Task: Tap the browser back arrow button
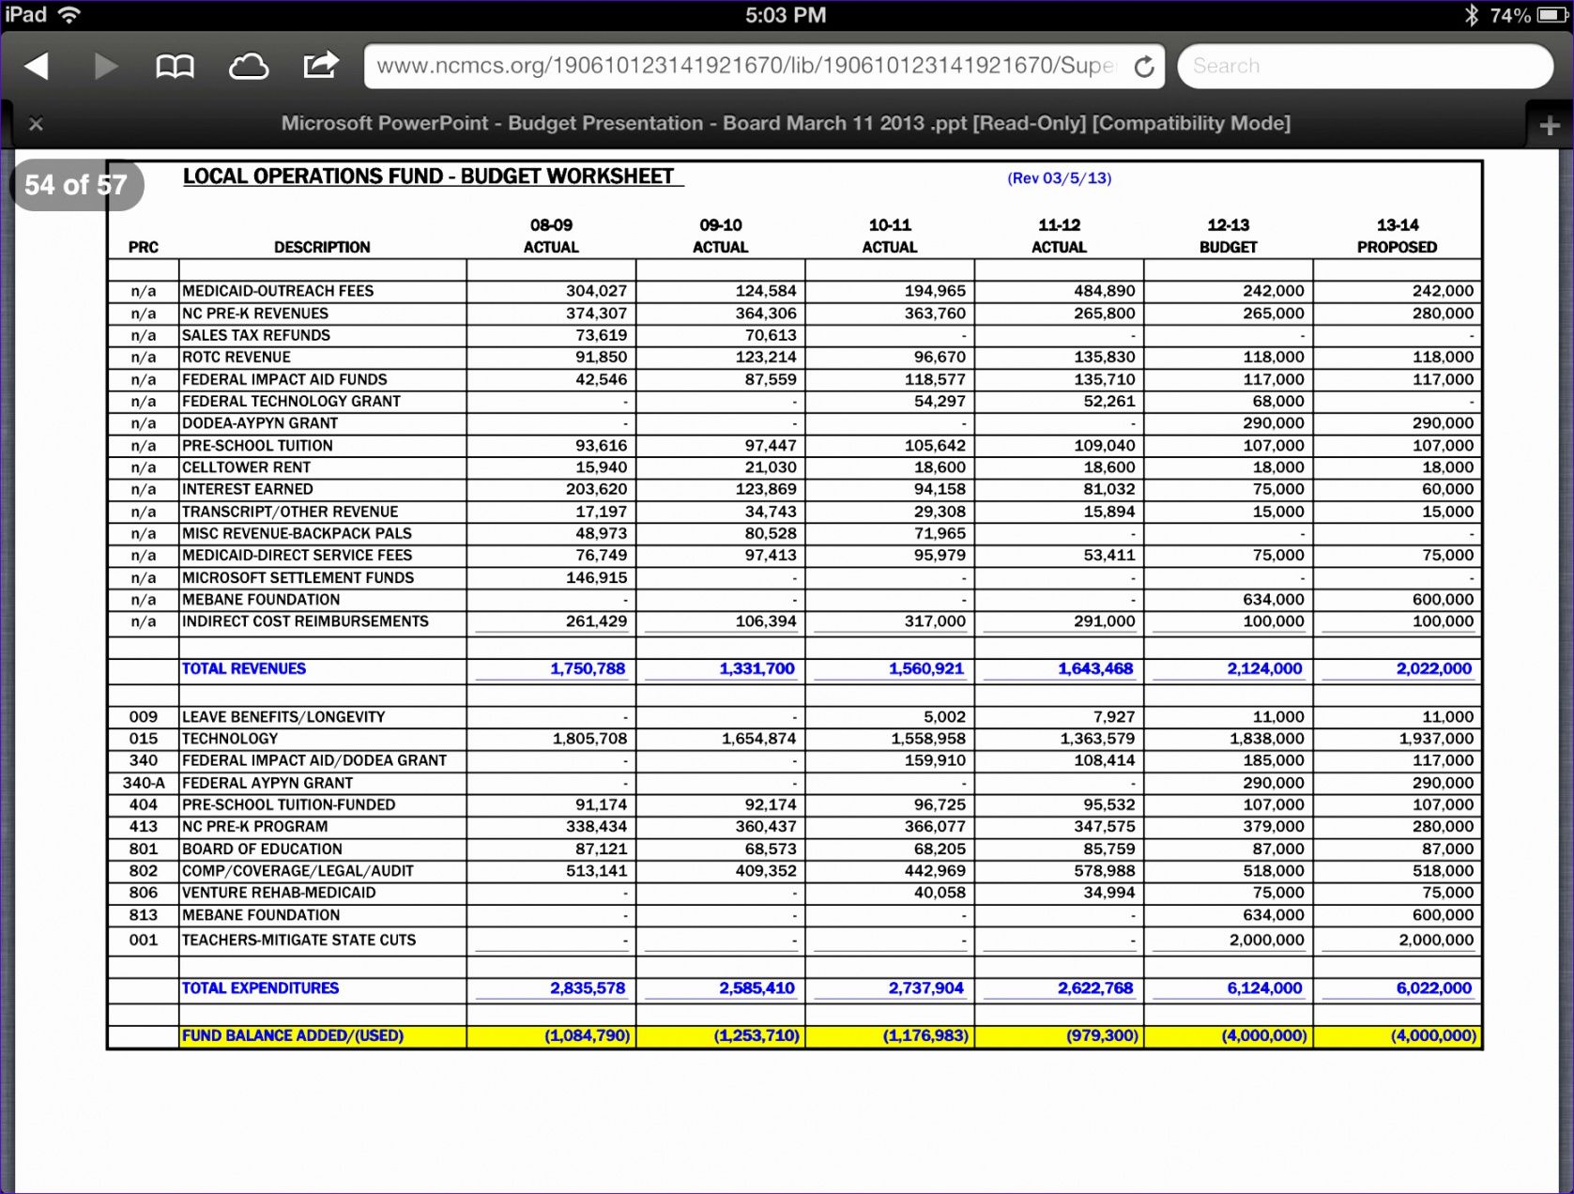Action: pos(37,66)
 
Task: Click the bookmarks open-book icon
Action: pos(175,66)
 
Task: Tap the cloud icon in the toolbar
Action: pos(248,66)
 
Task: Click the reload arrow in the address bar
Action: pos(1143,67)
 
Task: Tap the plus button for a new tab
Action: pos(1549,125)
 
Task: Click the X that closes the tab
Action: pos(36,123)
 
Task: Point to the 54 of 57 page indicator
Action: pos(76,185)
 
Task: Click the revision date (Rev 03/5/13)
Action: pos(1059,178)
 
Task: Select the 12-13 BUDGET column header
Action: pos(1228,236)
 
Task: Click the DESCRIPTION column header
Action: pos(322,247)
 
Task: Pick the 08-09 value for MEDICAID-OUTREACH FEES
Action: pos(596,291)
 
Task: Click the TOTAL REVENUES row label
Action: pos(244,668)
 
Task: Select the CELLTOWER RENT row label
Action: pos(246,467)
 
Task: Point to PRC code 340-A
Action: pos(144,783)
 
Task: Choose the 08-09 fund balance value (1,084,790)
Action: pos(588,1035)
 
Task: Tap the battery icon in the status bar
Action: pos(1551,15)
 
